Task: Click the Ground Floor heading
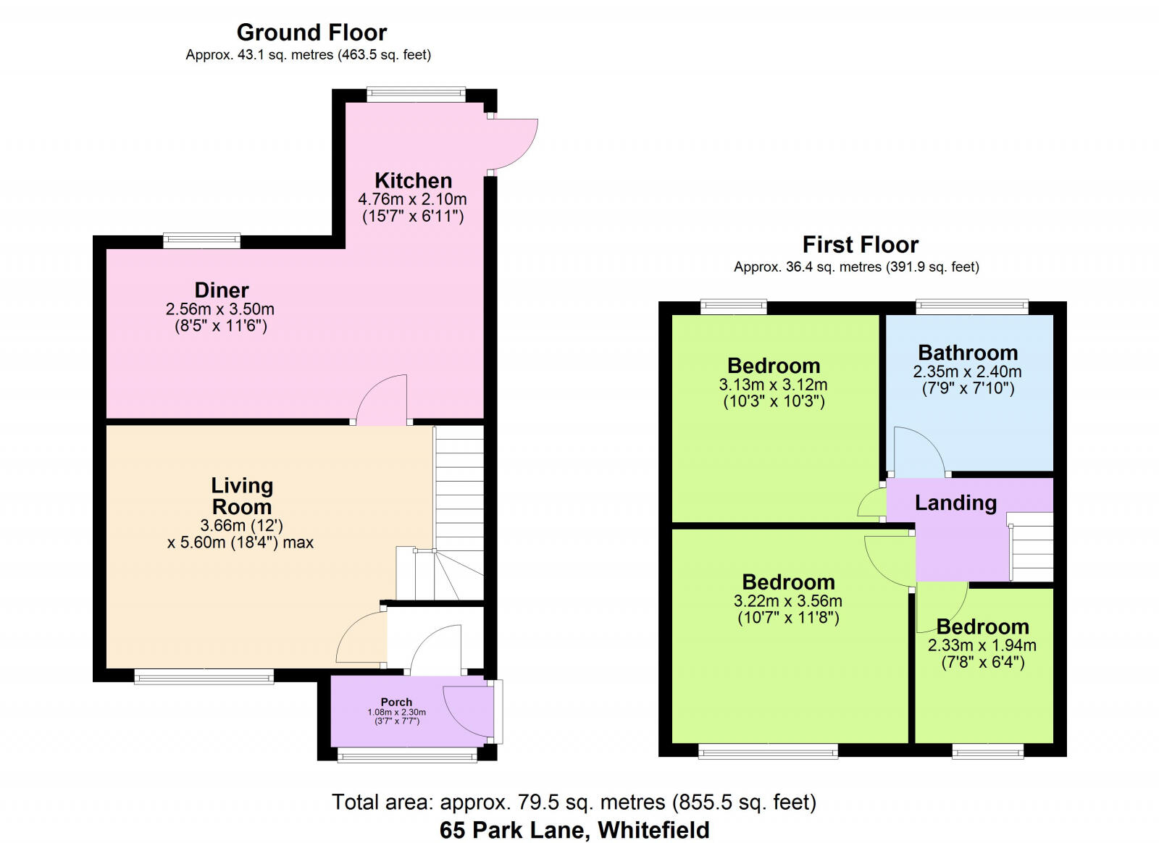(311, 33)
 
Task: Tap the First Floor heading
(860, 245)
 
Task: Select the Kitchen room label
(413, 180)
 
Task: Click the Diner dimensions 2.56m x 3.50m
(220, 309)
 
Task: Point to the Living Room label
(241, 496)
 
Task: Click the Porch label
(396, 702)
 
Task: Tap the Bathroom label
(968, 353)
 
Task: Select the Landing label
(955, 503)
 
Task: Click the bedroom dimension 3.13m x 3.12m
(773, 385)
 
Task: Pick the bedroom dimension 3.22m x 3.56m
(787, 601)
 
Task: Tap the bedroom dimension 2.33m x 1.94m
(982, 645)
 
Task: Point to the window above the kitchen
(416, 93)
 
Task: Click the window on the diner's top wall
(201, 240)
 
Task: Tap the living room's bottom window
(204, 678)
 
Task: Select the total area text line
(574, 802)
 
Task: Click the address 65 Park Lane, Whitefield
(574, 830)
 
